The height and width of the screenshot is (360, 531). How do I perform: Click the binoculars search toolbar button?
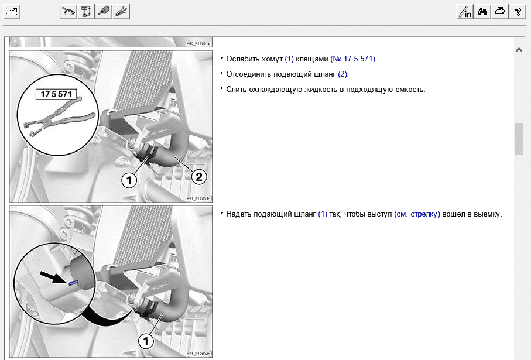coord(482,12)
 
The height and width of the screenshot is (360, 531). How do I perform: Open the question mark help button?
coord(518,12)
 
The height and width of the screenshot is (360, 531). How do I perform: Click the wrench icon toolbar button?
coord(121,12)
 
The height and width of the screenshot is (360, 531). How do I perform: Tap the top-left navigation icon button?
coord(12,12)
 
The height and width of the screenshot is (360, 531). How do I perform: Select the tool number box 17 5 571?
coord(56,94)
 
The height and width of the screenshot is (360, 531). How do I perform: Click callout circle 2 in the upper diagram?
coord(199,176)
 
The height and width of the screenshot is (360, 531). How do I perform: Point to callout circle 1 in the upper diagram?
coord(129,180)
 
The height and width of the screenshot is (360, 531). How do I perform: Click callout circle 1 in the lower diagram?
coord(146,341)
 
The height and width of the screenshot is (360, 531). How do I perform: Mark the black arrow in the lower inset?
coord(53,277)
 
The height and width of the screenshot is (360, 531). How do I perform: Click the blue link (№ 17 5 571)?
coord(354,59)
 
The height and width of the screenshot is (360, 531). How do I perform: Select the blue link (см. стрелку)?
coord(417,214)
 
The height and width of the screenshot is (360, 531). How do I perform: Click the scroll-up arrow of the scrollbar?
coord(519,50)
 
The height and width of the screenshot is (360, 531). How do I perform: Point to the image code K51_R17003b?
coord(198,199)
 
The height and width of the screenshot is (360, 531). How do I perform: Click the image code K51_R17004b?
coord(198,354)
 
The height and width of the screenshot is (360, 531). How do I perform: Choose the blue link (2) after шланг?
coord(342,74)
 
